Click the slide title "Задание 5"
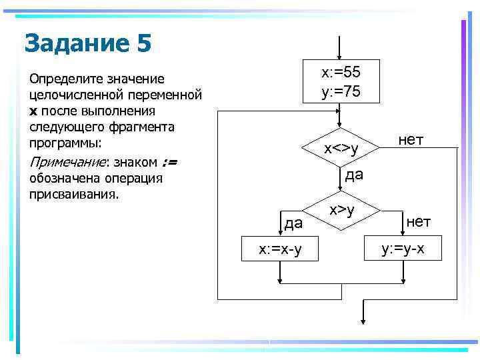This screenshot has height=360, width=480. [88, 44]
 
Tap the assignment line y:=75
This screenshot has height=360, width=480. [341, 91]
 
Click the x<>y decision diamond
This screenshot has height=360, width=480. [341, 148]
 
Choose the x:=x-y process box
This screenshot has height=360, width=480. [280, 249]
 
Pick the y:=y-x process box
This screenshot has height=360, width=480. [403, 249]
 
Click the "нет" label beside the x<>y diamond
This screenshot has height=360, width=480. [411, 139]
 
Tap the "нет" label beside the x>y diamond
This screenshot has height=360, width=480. [419, 221]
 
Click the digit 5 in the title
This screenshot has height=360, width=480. [145, 44]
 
